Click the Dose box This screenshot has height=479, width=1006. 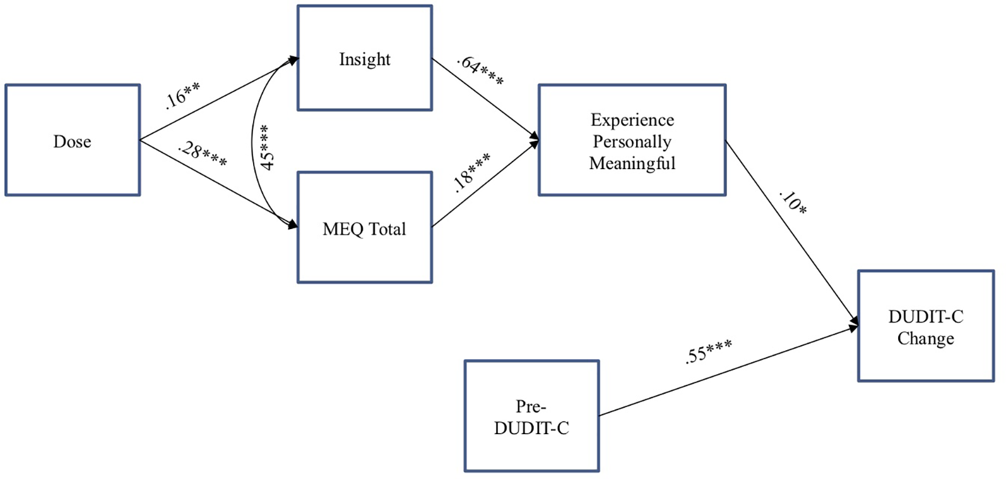(x=73, y=140)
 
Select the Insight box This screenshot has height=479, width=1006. (x=365, y=59)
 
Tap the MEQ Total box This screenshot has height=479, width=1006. (x=365, y=228)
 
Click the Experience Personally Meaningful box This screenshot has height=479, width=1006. (x=632, y=140)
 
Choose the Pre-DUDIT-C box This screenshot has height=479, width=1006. (x=531, y=416)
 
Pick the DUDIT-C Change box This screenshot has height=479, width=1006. (x=925, y=326)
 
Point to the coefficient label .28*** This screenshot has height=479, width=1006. (x=203, y=153)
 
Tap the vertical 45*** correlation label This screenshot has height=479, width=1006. (x=266, y=147)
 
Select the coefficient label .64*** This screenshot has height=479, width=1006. (x=480, y=71)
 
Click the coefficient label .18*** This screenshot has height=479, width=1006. (x=471, y=172)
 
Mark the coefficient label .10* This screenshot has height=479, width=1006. (x=793, y=202)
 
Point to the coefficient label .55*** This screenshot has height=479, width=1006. (x=708, y=352)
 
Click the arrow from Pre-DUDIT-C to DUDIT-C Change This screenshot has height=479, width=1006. (x=726, y=372)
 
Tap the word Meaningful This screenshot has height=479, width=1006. (x=632, y=163)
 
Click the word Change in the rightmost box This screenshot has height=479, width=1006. (x=925, y=338)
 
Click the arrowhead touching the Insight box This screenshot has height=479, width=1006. (x=293, y=60)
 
